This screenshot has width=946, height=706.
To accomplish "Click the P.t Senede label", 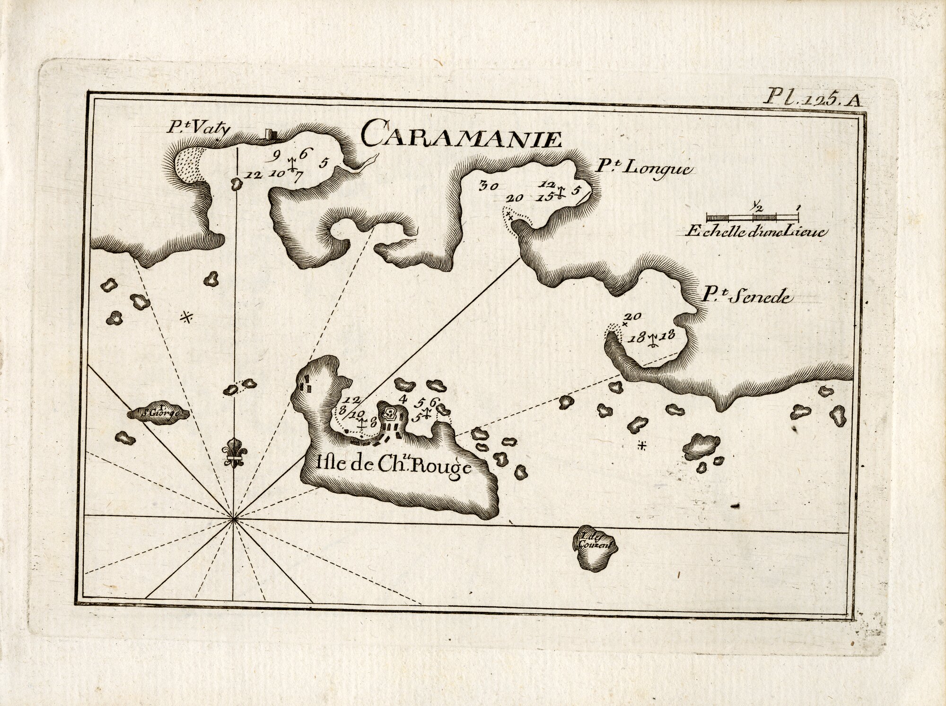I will click(747, 296).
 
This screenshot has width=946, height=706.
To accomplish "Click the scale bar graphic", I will click(753, 217).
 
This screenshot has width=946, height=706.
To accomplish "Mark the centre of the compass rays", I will click(234, 519).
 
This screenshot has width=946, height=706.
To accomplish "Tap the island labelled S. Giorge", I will click(159, 414).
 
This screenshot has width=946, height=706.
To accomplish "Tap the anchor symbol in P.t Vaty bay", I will click(292, 163).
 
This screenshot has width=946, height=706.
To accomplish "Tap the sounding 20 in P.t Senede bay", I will click(632, 316).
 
